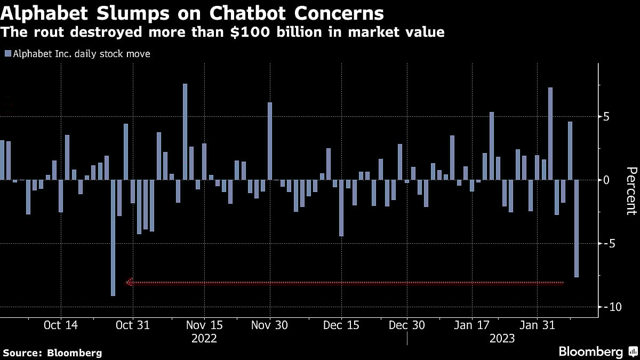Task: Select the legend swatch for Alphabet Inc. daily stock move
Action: pyautogui.click(x=7, y=54)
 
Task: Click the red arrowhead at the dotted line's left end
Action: pyautogui.click(x=130, y=282)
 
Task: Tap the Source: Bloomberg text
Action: pyautogui.click(x=52, y=353)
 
